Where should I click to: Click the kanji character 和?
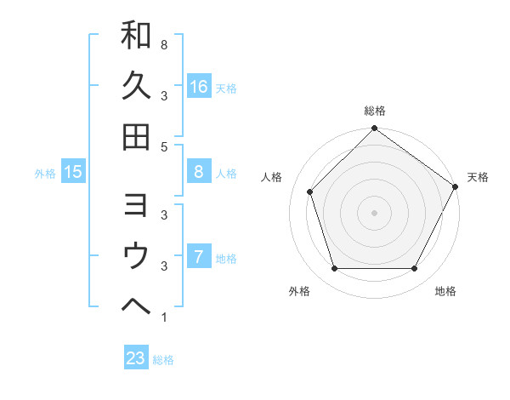pos(137,36)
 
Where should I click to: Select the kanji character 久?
pos(137,86)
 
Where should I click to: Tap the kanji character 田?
pos(137,136)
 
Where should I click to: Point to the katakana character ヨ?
pos(137,205)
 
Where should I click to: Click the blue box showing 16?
pos(199,86)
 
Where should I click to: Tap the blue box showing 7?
pos(199,257)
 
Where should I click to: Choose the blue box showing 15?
pos(73,173)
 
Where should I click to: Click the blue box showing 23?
pos(136,358)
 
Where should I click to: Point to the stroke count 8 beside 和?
pos(163,44)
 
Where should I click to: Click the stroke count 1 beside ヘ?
pos(163,318)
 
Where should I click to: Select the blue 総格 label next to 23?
pos(164,360)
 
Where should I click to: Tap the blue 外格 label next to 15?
pos(45,174)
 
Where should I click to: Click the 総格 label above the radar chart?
pos(375,111)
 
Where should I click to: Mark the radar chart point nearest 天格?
pos(455,186)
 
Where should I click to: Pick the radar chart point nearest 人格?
pos(310,191)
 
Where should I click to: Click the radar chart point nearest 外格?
pos(334,269)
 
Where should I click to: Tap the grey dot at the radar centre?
pos(375,212)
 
